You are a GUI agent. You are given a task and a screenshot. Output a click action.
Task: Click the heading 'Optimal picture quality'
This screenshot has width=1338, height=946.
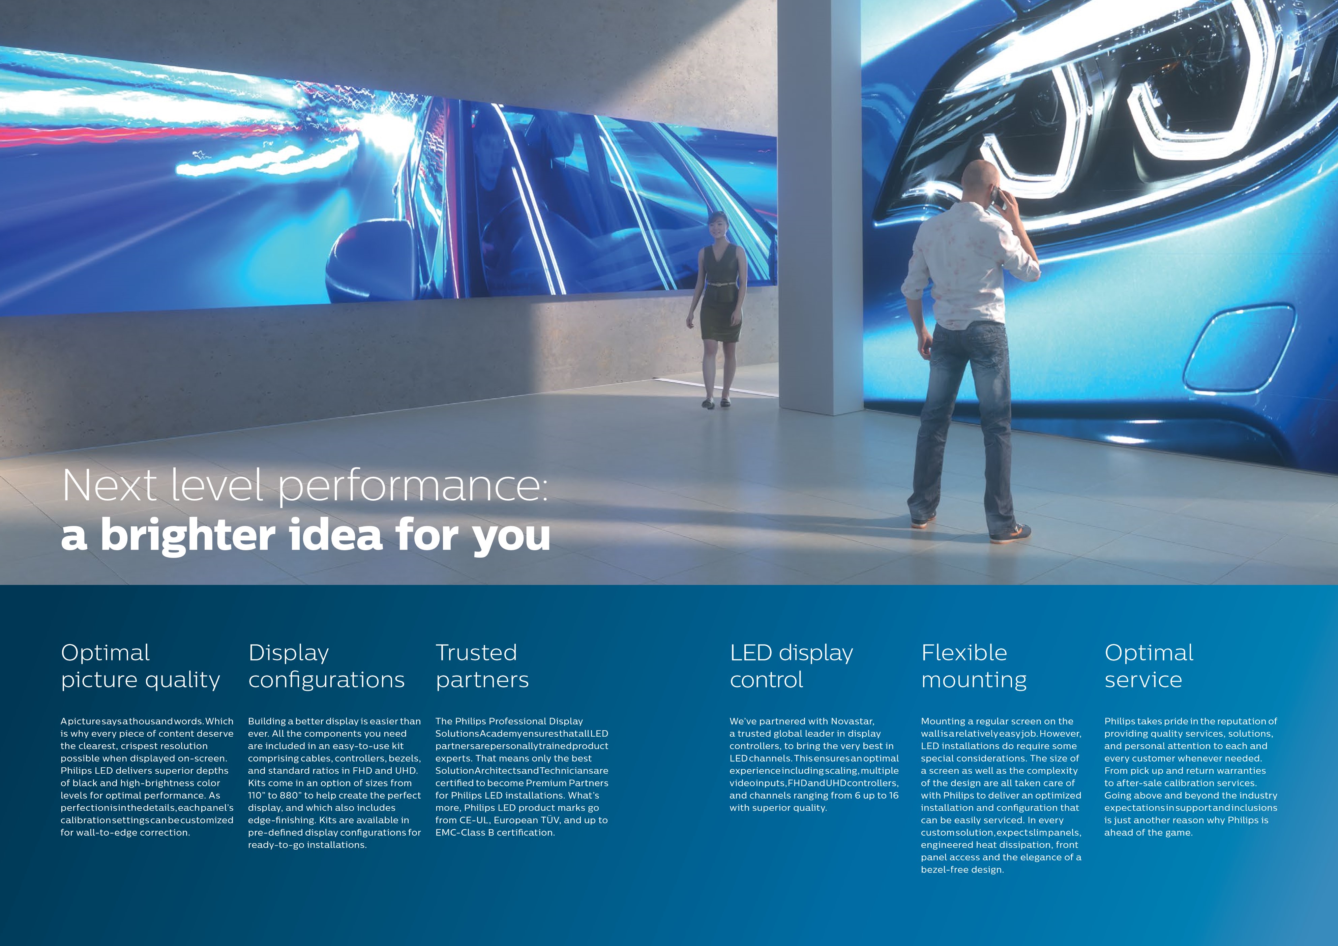[141, 666]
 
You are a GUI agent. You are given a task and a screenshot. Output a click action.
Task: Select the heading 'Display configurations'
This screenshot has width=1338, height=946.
[326, 666]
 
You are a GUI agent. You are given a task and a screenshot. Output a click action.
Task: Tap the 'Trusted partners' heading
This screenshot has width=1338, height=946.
[482, 666]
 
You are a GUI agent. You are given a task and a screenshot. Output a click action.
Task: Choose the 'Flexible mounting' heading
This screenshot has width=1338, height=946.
[974, 666]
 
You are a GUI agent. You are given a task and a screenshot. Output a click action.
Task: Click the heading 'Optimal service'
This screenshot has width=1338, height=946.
[1149, 666]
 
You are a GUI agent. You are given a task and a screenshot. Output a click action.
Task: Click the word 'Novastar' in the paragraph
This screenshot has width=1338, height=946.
[853, 721]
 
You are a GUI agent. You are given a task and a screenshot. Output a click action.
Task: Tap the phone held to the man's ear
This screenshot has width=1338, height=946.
[998, 198]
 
